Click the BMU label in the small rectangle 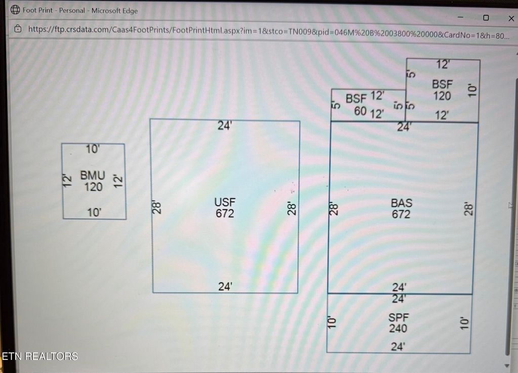(x=93, y=176)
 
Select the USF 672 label (x=225, y=208)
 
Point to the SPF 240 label (x=398, y=323)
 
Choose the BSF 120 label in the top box (x=442, y=90)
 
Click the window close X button (x=510, y=18)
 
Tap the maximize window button (x=486, y=18)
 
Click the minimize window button (x=461, y=18)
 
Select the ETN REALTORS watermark (x=40, y=356)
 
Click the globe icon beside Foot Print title (x=15, y=10)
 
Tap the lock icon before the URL (x=18, y=29)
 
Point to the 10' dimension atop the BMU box (x=93, y=149)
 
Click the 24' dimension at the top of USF (x=225, y=126)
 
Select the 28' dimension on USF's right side (x=292, y=209)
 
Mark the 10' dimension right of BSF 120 (x=472, y=90)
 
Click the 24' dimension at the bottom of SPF (x=398, y=347)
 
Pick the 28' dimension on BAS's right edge (x=468, y=209)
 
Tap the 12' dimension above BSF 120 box (x=443, y=65)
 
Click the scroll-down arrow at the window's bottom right (x=508, y=365)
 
